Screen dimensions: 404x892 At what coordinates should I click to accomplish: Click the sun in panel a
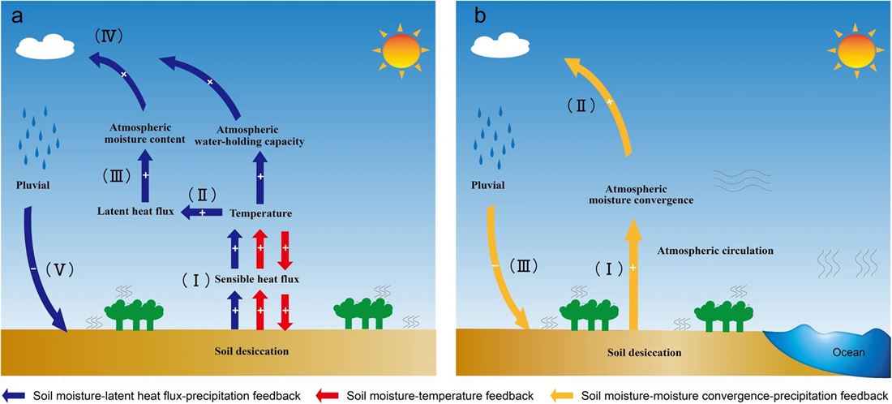(397, 50)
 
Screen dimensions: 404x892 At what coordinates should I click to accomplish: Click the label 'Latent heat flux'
(134, 213)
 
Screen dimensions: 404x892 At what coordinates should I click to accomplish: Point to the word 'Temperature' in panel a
(260, 213)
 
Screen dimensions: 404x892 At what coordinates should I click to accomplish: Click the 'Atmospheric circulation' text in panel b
(714, 251)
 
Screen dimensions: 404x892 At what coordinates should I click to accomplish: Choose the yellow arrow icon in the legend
(566, 396)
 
